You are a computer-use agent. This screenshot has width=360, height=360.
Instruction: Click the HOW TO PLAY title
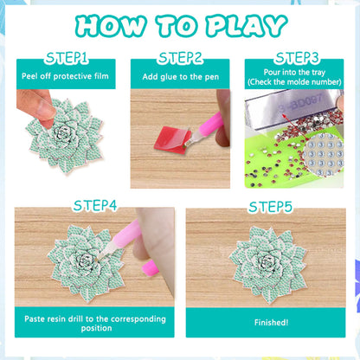(179, 24)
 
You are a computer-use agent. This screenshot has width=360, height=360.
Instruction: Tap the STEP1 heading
(61, 58)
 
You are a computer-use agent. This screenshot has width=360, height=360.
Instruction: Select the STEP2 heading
(180, 58)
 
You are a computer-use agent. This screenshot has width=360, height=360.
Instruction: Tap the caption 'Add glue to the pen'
(180, 76)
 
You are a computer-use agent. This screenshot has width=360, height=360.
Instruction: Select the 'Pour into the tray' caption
(297, 74)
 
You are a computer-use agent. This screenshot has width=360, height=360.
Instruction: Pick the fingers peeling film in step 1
(35, 108)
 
